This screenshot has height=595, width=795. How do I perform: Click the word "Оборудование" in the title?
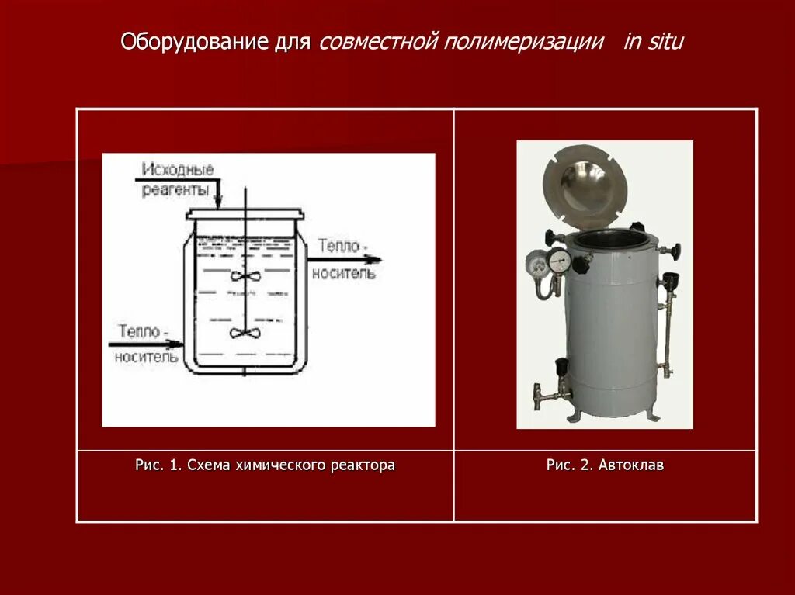tap(195, 41)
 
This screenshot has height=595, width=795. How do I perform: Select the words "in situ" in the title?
tap(654, 41)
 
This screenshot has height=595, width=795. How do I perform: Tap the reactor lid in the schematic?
tap(243, 213)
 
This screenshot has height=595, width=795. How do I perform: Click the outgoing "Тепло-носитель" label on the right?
tap(343, 259)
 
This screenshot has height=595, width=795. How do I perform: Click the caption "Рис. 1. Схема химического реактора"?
tap(265, 465)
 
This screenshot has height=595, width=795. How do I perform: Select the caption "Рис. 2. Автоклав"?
tap(605, 465)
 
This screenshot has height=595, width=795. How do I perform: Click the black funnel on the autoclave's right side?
tap(671, 280)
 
